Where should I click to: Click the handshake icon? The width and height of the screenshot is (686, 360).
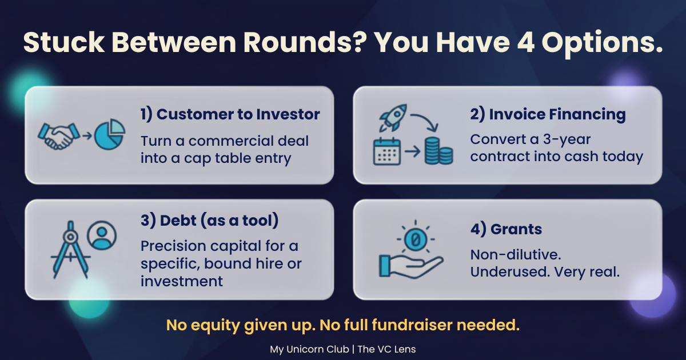[x=59, y=136]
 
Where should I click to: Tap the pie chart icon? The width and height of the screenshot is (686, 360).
[x=110, y=134]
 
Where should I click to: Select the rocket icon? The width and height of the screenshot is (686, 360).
[x=393, y=118]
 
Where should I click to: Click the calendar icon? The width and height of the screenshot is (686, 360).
[x=387, y=151]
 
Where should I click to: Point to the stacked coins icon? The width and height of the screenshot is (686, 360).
[x=438, y=151]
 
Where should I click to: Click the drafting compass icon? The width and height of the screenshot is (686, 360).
[x=70, y=250]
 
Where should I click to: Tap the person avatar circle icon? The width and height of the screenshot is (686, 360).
[x=102, y=235]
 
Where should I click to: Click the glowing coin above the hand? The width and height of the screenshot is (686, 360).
[x=416, y=239]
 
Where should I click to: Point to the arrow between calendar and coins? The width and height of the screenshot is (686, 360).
[x=413, y=151]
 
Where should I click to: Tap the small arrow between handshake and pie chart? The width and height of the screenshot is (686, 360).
[x=87, y=135]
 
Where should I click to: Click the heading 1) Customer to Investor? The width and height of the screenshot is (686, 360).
[x=230, y=114]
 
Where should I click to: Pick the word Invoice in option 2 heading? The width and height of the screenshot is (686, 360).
[x=517, y=114]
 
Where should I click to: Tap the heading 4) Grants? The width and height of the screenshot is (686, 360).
[x=506, y=229]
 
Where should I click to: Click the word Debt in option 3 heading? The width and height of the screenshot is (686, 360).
[x=178, y=221]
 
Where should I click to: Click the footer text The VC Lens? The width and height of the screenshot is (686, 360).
[x=386, y=349]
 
